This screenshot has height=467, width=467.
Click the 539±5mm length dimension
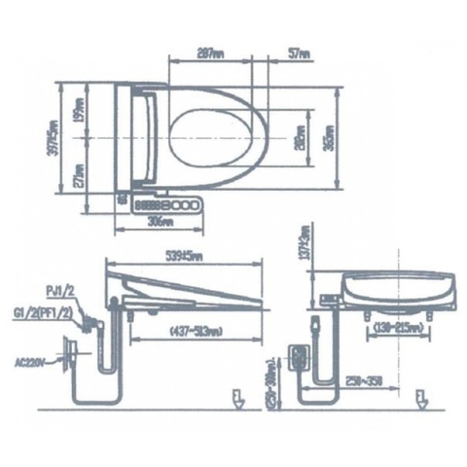[185, 257]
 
